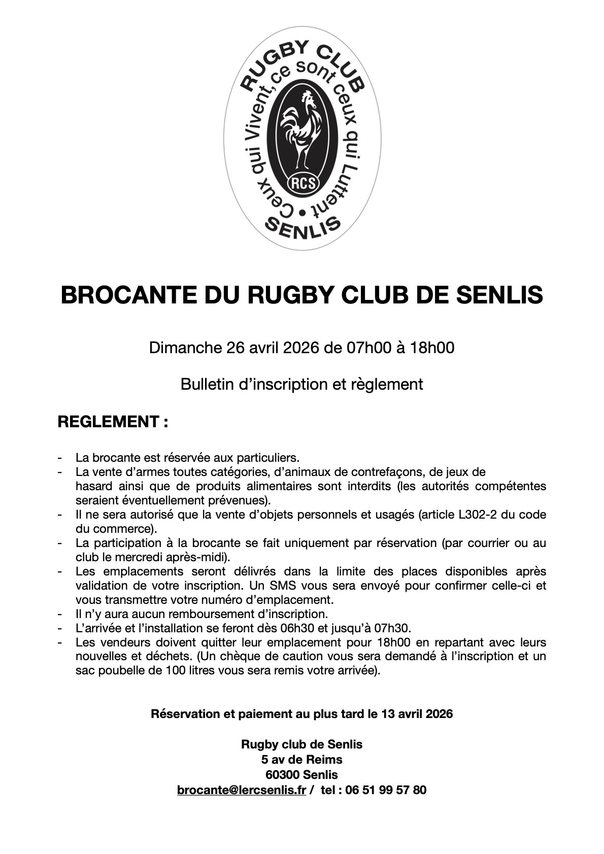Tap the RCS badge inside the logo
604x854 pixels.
(x=302, y=182)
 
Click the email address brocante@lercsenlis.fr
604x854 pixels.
(x=242, y=790)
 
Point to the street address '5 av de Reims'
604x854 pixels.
(x=302, y=760)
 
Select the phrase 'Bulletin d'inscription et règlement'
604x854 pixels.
(x=302, y=384)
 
